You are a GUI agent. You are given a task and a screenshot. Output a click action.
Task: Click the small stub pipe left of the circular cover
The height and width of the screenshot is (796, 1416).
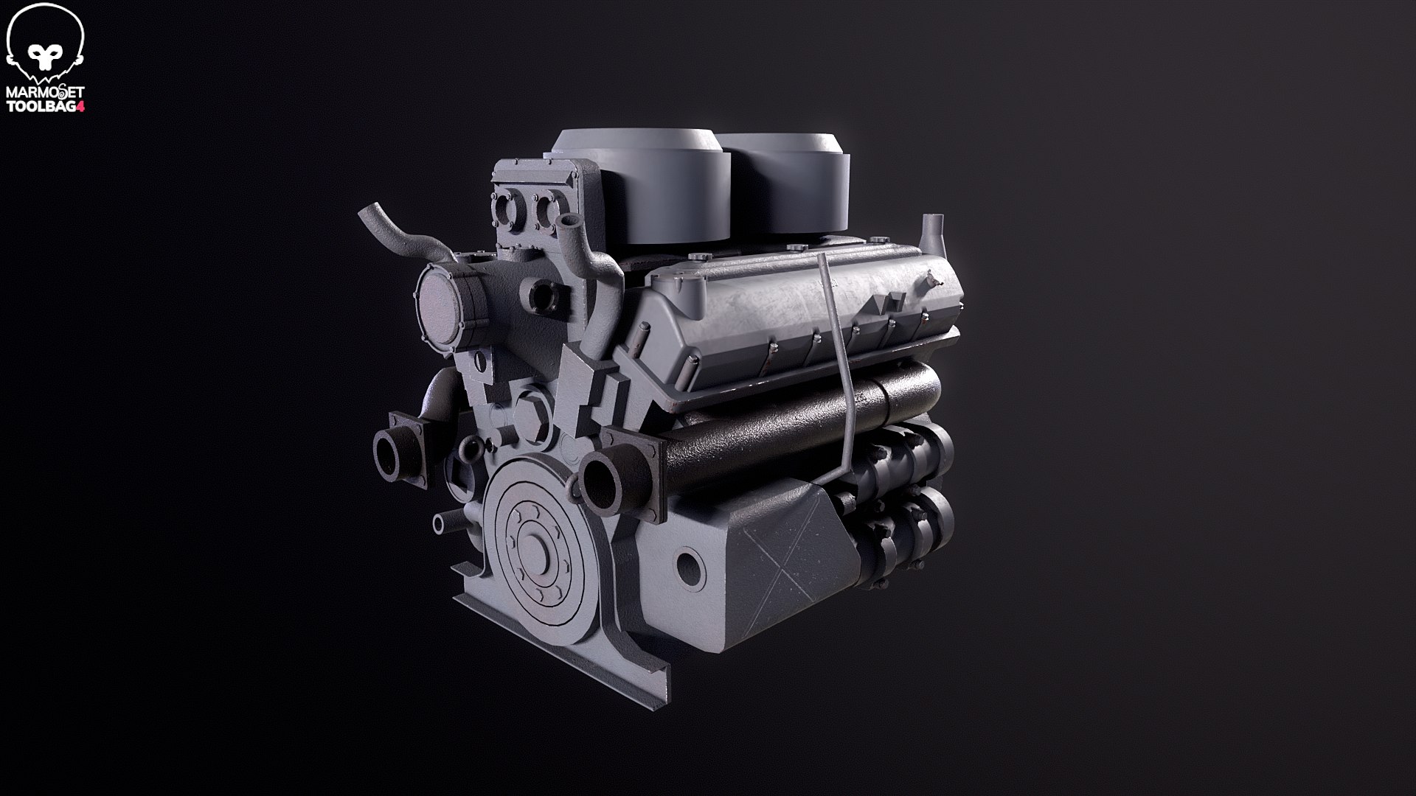tap(441, 524)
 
